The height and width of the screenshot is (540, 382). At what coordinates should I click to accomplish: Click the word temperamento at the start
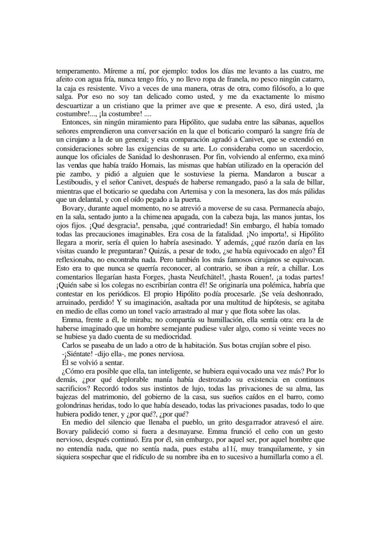pyautogui.click(x=75, y=71)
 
